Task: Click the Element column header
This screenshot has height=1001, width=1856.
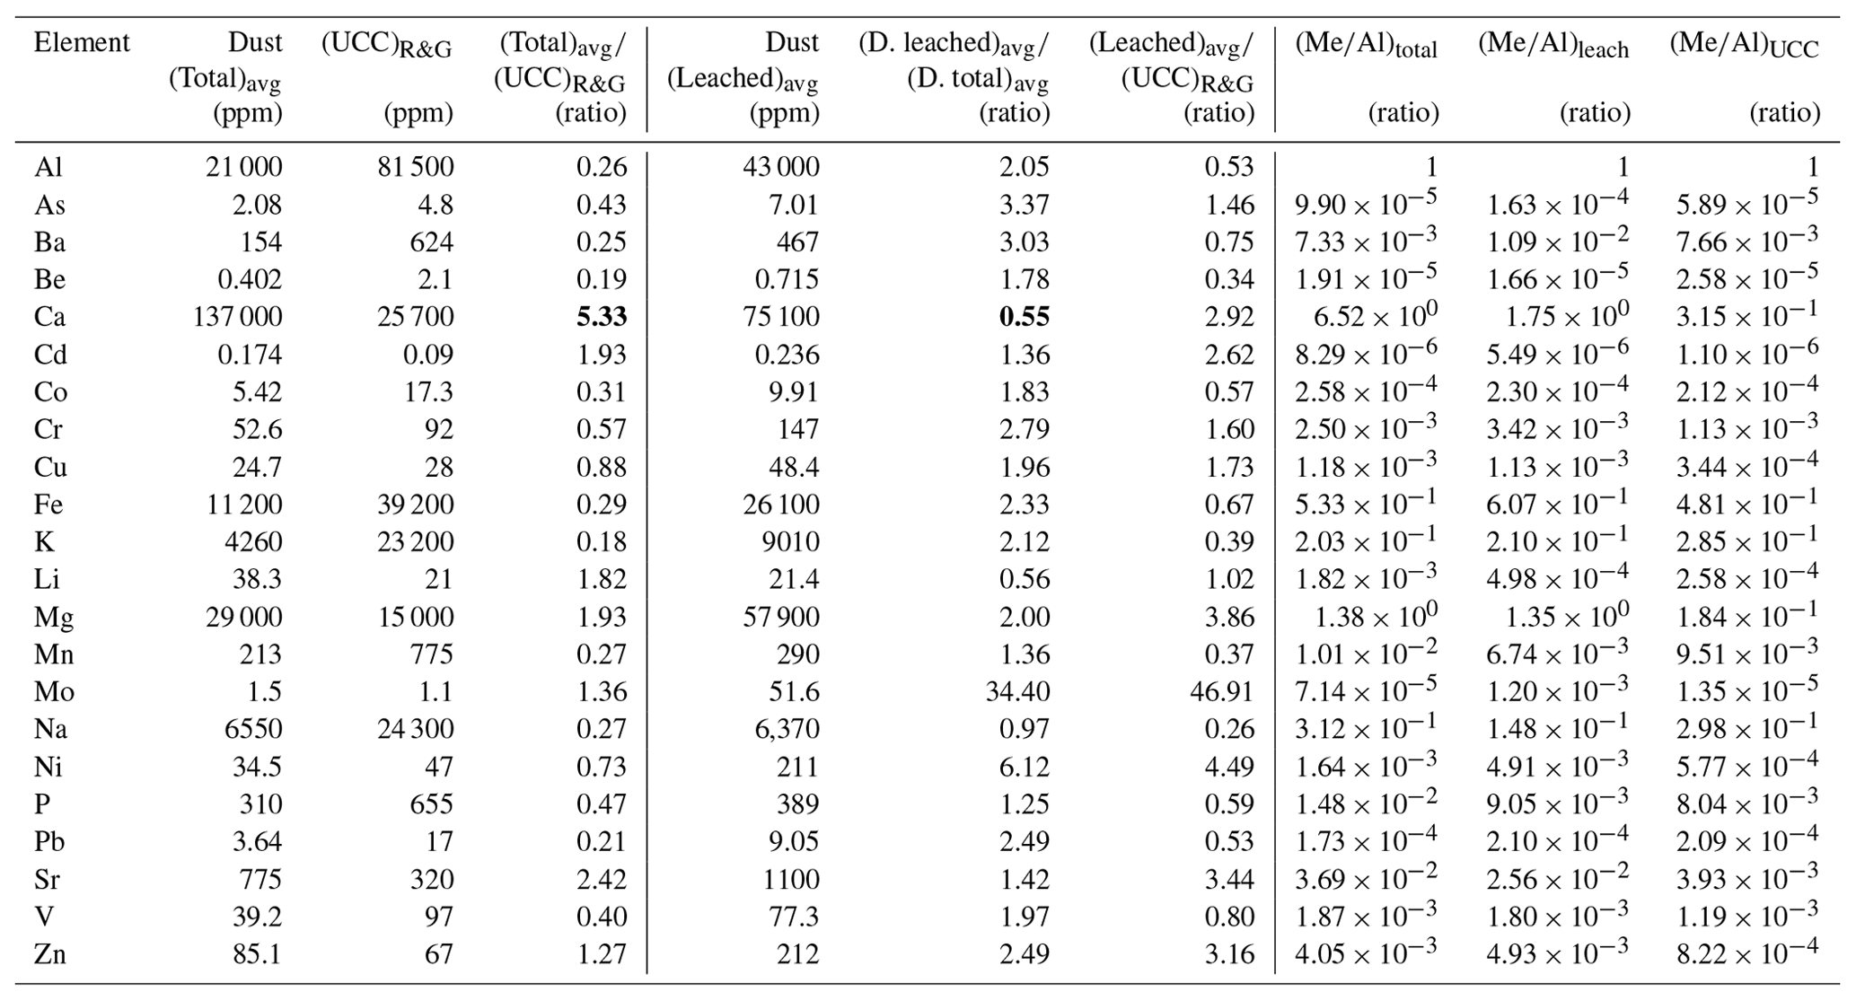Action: (x=82, y=43)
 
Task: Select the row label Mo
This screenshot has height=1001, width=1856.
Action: (x=54, y=691)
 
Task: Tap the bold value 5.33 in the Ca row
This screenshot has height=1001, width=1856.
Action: (x=601, y=317)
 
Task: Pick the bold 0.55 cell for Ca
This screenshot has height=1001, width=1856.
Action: (x=1024, y=317)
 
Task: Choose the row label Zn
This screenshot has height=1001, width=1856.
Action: (x=50, y=953)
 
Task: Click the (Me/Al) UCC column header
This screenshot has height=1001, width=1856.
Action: (x=1744, y=46)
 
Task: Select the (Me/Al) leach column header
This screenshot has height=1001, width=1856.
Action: (x=1553, y=46)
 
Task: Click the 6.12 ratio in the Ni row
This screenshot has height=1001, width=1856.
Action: (x=1024, y=767)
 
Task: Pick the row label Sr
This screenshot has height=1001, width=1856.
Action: (x=48, y=879)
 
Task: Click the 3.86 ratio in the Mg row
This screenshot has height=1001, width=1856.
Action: (x=1228, y=617)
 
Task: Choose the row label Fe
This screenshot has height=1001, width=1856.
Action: (x=48, y=505)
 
